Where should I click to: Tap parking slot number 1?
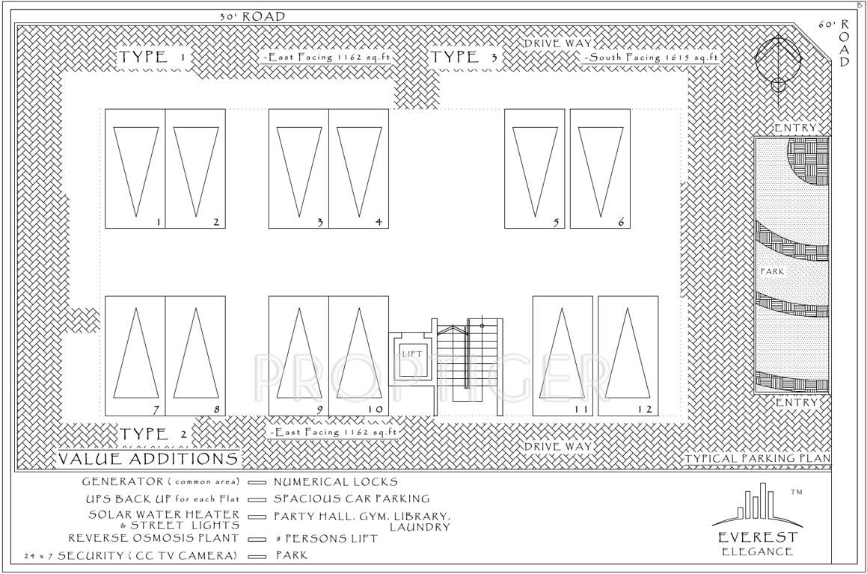click(135, 169)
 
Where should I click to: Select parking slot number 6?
click(600, 169)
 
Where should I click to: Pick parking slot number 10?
click(358, 356)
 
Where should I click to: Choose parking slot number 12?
click(628, 356)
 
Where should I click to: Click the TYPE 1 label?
click(152, 58)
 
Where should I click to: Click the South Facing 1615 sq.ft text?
click(652, 58)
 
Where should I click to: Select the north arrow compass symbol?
click(778, 64)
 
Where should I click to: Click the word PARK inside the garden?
click(772, 271)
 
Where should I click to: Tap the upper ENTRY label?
click(794, 128)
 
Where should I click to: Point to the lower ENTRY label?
click(794, 403)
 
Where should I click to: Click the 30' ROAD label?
click(252, 16)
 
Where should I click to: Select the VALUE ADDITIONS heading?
click(149, 458)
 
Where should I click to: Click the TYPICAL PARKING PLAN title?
click(758, 459)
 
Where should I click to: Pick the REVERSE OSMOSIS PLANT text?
click(153, 538)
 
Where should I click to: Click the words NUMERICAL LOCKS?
click(335, 482)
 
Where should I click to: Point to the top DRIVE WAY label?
click(557, 43)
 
